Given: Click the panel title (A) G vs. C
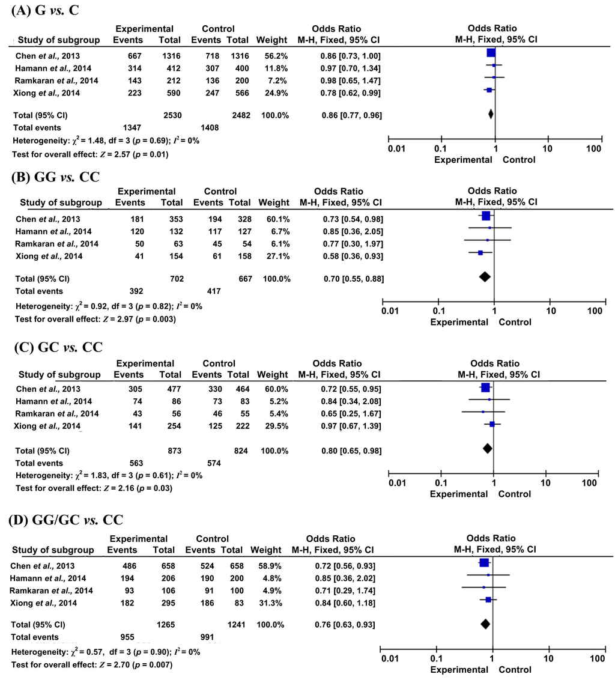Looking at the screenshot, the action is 45,10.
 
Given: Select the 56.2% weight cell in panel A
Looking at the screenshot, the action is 276,56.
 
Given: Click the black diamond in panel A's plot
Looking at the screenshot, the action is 491,114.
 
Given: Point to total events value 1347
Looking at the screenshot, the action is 132,127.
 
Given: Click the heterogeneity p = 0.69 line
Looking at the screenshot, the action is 106,141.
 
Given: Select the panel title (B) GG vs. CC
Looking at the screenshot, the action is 55,177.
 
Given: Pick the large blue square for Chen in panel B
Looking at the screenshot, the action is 486,216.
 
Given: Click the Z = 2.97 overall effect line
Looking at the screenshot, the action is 95,319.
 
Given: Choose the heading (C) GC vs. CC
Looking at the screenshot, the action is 58,347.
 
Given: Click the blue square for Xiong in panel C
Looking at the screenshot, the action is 492,424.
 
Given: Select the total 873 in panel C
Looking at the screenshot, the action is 174,451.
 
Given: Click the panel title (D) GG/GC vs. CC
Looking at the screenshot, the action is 65,520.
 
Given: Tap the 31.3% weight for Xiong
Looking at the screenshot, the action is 270,603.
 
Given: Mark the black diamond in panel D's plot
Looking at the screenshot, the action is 485,624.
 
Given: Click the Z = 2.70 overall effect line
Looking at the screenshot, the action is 92,665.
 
